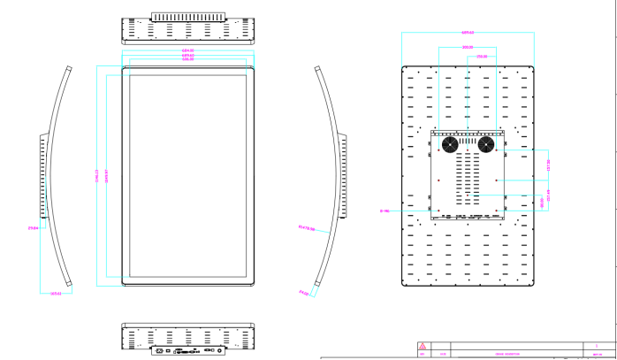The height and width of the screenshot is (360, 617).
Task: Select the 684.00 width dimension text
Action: pyautogui.click(x=187, y=51)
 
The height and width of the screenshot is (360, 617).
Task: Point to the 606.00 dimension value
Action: pyautogui.click(x=187, y=60)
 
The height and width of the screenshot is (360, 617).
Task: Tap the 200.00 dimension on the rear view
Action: pyautogui.click(x=468, y=47)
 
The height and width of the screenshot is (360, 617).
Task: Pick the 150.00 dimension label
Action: pyautogui.click(x=482, y=56)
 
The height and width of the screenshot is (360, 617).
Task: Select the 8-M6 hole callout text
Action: pyautogui.click(x=384, y=211)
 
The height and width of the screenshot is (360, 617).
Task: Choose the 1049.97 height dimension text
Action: pyautogui.click(x=107, y=172)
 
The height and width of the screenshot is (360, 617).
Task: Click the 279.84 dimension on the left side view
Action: pyautogui.click(x=33, y=231)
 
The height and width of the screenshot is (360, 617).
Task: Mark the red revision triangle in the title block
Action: pyautogui.click(x=422, y=346)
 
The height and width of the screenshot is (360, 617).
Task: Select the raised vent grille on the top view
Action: pyautogui.click(x=187, y=17)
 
